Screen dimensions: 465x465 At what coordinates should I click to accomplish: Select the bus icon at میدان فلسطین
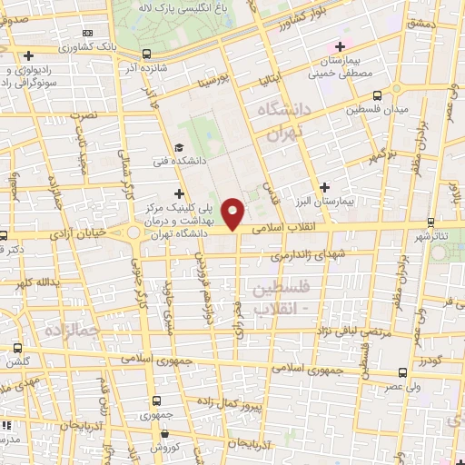point(377,94)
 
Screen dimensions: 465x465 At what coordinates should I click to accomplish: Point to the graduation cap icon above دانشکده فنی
point(179,148)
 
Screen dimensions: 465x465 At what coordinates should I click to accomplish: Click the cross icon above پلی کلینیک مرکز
point(179,193)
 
